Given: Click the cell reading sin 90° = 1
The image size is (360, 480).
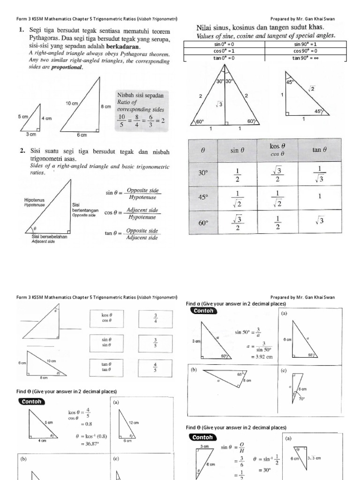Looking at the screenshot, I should tap(305, 44).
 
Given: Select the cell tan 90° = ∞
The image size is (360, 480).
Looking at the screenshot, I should tap(305, 58).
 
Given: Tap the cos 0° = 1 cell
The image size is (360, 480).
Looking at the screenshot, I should tap(224, 51).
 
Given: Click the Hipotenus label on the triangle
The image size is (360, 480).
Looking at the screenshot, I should tap(34, 200).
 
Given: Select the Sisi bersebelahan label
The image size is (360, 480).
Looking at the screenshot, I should tap(46, 237).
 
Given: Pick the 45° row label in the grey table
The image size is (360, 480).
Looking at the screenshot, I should tap(203, 197).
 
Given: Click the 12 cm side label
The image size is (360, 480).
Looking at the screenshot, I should tap(134, 422).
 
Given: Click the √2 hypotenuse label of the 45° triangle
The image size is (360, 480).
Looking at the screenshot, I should tap(312, 89).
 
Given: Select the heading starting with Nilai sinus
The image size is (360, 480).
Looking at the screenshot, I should tap(261, 28).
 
